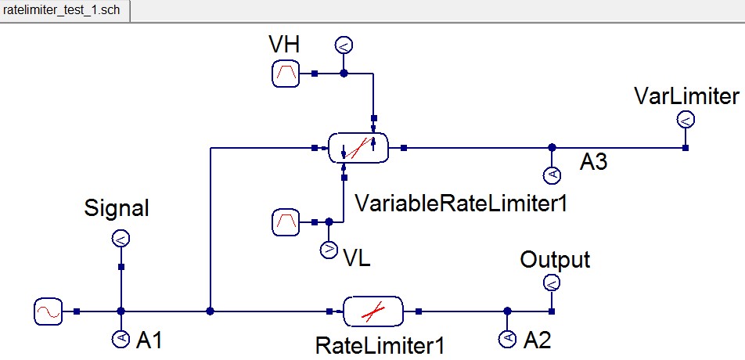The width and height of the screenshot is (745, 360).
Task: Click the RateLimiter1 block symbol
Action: (x=372, y=311)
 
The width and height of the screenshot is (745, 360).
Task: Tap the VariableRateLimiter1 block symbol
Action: (x=358, y=147)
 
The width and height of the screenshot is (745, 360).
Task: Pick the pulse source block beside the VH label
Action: (x=285, y=74)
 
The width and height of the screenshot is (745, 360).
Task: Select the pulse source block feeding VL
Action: (x=285, y=222)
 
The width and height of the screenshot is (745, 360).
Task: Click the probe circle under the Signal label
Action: (x=121, y=239)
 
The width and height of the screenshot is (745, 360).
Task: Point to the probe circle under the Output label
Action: (x=552, y=283)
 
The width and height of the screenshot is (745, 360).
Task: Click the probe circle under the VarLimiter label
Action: (x=685, y=119)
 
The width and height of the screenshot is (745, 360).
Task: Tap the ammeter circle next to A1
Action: (x=121, y=339)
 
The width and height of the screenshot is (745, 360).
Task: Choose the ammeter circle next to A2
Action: (x=507, y=339)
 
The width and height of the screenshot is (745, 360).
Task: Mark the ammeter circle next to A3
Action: (x=551, y=175)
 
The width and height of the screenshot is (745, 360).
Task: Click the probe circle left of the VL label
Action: (x=328, y=250)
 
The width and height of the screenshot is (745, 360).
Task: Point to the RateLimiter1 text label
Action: (x=375, y=344)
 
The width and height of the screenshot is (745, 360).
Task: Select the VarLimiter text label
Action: (x=687, y=96)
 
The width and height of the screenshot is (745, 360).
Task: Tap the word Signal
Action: (x=116, y=209)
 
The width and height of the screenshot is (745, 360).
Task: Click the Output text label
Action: (x=555, y=260)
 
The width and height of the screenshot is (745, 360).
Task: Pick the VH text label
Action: (x=283, y=45)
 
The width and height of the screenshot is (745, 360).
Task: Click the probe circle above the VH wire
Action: (x=343, y=45)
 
